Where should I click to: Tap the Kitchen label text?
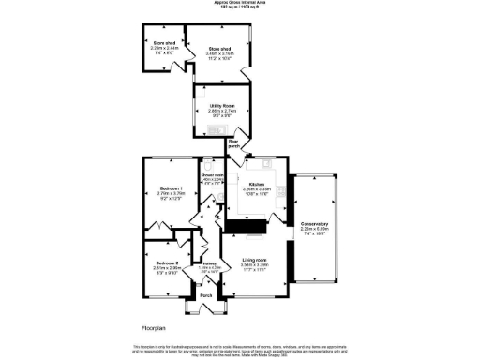pos(257,184)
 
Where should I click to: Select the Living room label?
pos(255,259)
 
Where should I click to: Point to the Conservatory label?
pos(314,223)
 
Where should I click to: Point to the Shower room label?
pos(213,174)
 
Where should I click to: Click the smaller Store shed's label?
pos(161,44)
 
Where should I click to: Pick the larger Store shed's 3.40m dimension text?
pos(218,53)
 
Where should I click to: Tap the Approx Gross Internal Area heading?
pos(239,4)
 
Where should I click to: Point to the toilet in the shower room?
pos(207,160)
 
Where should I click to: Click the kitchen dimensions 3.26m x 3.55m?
pos(257,189)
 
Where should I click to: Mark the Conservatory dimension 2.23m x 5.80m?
pos(314,229)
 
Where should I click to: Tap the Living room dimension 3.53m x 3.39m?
pos(255,264)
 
